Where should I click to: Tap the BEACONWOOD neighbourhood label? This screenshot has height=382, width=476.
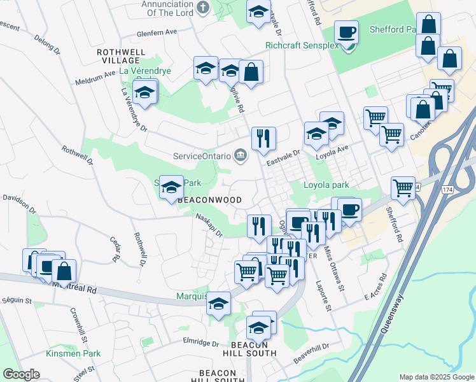[x=209, y=200]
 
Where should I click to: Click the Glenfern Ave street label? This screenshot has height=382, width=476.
[x=157, y=32]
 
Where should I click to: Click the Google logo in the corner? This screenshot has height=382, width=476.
[x=20, y=374]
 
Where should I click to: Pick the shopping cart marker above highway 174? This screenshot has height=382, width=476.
[x=403, y=188]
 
